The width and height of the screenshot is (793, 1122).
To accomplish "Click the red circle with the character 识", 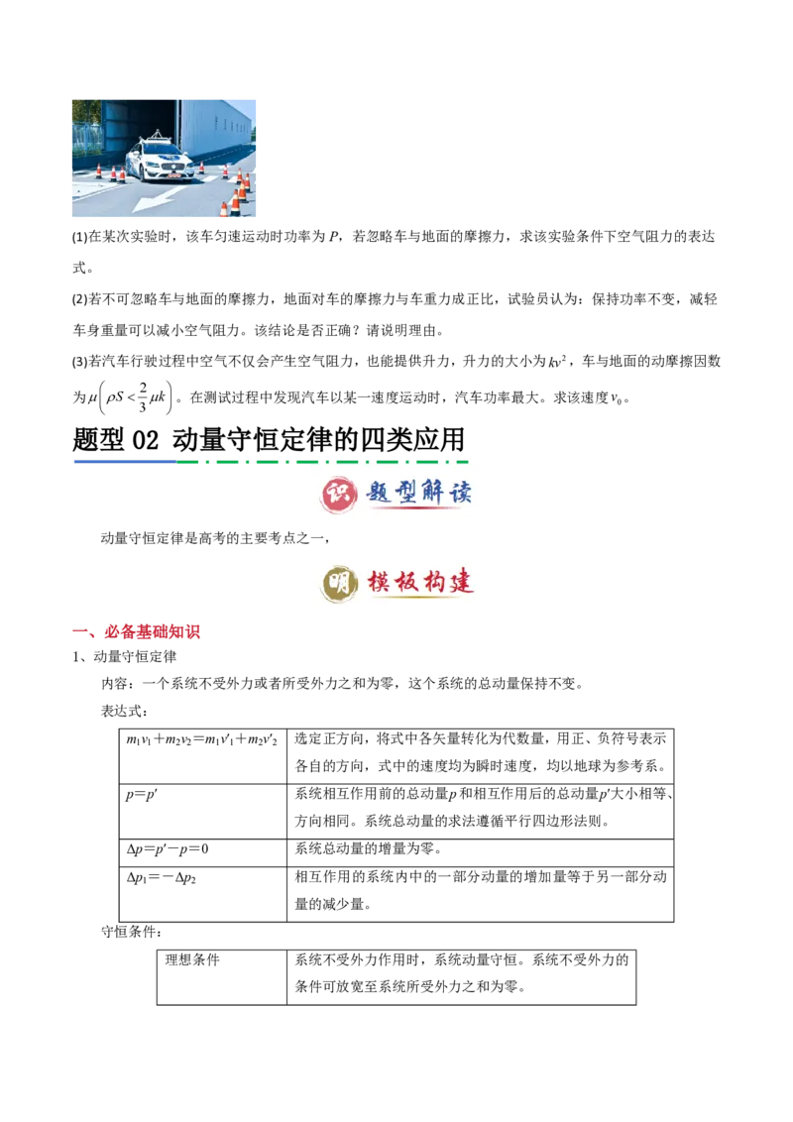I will pyautogui.click(x=339, y=493).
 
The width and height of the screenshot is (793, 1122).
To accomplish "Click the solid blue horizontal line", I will pyautogui.click(x=123, y=461).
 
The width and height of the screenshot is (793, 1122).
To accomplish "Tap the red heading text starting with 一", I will pyautogui.click(x=138, y=631).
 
